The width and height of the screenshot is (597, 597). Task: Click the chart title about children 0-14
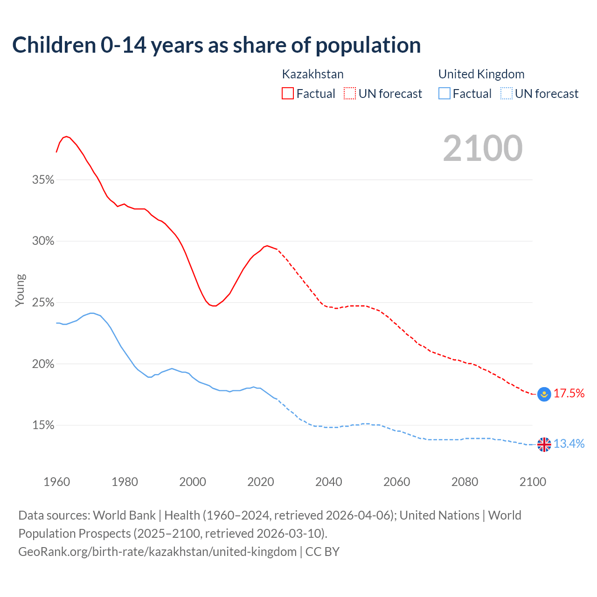pos(216,45)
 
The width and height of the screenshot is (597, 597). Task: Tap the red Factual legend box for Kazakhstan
pos(288,94)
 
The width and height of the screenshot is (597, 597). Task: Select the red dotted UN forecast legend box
pos(350,94)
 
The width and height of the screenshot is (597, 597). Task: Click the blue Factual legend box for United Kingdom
pos(444,94)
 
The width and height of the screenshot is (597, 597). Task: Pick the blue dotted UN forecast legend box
pos(506,94)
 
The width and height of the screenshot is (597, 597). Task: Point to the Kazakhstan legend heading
pos(312,74)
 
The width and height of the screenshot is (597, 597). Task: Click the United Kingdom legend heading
pos(481,74)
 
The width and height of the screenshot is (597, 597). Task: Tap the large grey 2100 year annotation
pos(483,148)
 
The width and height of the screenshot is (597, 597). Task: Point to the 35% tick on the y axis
pos(43,180)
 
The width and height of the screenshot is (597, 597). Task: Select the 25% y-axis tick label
pos(43,303)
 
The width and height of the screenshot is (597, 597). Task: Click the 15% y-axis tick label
pos(43,425)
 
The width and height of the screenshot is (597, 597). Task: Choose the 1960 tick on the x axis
pos(56,482)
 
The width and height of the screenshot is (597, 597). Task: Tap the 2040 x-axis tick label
pos(328,482)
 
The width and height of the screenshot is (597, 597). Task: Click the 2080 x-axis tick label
pos(465,482)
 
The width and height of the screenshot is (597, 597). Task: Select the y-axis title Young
pos(20,290)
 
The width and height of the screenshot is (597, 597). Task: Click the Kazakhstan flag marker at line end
pos(544,394)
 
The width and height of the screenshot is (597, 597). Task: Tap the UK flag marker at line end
pos(544,444)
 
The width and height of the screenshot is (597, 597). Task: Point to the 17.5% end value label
pos(569,394)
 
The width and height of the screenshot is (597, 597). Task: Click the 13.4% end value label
pos(569,444)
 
